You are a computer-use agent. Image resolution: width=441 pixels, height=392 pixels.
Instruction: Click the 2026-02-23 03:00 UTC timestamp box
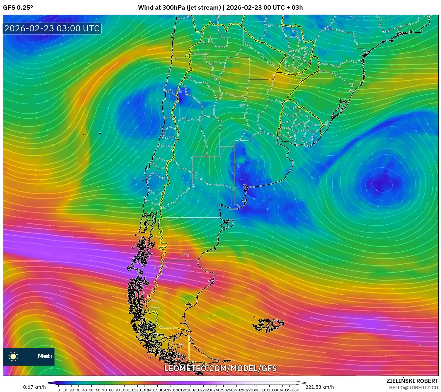52,28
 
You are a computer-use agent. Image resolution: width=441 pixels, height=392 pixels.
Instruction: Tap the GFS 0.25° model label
18,8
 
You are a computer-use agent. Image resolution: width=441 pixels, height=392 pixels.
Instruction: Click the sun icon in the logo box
13,356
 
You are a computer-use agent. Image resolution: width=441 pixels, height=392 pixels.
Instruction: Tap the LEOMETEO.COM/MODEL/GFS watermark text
220,368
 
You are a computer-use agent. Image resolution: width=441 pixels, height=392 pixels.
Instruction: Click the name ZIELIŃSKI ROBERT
412,381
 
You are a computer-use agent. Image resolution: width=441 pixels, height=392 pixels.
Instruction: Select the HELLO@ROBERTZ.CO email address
413,388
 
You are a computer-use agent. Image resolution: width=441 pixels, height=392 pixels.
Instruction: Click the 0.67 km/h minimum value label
35,387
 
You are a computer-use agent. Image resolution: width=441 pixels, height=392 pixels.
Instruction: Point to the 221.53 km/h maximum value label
319,387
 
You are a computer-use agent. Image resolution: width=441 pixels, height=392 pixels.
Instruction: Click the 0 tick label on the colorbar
59,390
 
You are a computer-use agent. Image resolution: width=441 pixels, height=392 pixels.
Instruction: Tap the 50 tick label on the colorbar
91,390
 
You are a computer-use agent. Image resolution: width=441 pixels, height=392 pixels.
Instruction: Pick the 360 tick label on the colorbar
295,390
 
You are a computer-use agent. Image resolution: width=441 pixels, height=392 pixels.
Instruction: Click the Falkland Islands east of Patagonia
268,325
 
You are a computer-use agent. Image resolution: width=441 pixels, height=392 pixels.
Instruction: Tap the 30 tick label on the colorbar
78,390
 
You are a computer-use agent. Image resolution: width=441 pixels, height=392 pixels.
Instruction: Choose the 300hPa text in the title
175,8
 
